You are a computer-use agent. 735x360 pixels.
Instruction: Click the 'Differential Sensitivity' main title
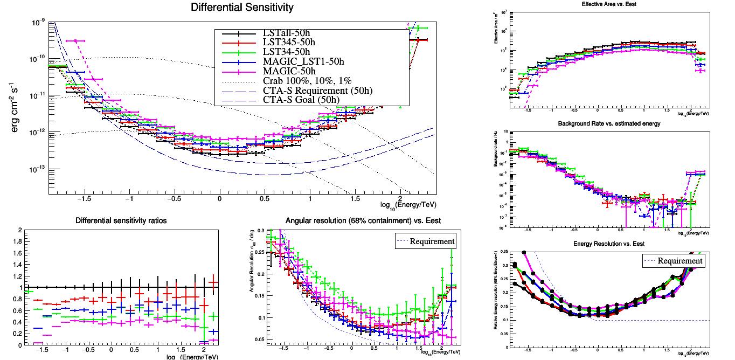242,8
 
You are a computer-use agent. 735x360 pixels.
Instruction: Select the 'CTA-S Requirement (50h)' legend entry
317,90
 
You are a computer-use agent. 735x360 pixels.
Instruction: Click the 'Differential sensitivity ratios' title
121,221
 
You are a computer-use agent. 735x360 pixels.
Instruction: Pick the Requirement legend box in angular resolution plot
426,241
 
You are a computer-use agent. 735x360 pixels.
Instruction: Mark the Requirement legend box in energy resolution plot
674,261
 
